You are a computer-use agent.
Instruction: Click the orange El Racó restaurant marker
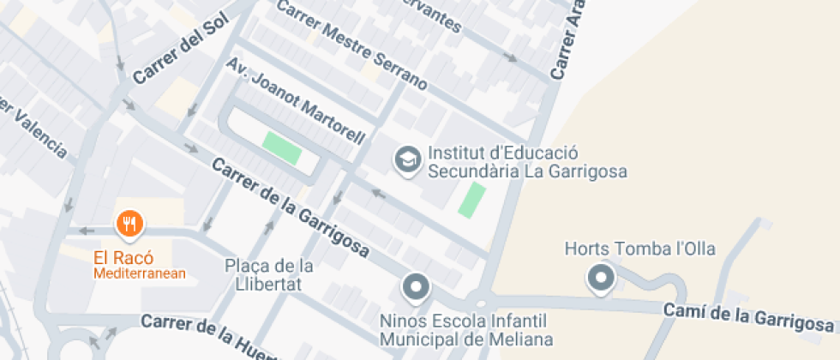(x=129, y=225)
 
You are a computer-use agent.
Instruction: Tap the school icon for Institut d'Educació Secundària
(x=407, y=159)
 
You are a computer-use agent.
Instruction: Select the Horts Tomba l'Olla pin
(x=601, y=278)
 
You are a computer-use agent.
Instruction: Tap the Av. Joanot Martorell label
(x=296, y=101)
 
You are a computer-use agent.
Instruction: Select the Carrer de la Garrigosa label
(x=291, y=208)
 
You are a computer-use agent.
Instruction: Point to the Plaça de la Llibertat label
(x=269, y=275)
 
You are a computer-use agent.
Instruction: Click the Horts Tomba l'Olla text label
(x=640, y=249)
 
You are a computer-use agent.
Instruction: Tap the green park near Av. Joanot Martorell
(x=282, y=147)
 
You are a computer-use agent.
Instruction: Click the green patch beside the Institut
(x=471, y=199)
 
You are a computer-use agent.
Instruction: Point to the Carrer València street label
(x=34, y=128)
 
